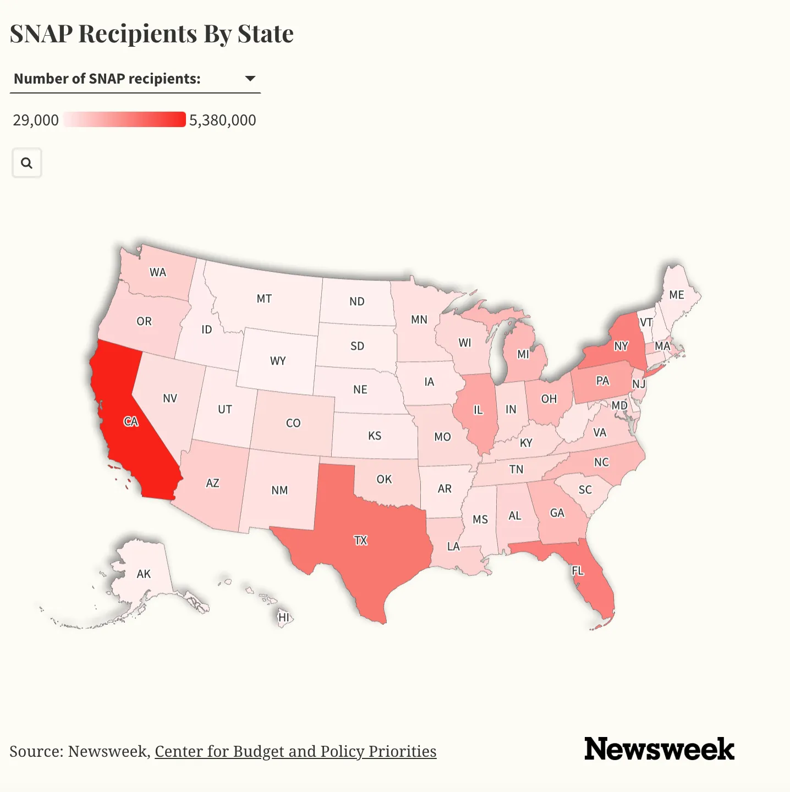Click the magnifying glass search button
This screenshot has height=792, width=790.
click(x=26, y=163)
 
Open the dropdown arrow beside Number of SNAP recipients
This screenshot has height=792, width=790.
click(x=250, y=79)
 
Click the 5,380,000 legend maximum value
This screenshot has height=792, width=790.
click(x=223, y=120)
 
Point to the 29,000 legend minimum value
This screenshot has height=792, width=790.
click(x=36, y=120)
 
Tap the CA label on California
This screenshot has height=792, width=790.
click(x=131, y=422)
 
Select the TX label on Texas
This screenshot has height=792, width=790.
click(x=361, y=540)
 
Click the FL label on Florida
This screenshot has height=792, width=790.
click(x=578, y=571)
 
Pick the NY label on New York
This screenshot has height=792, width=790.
click(x=621, y=346)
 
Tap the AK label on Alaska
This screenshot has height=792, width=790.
click(x=144, y=574)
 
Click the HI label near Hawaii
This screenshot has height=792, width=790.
click(x=284, y=617)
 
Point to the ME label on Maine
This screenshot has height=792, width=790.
click(x=677, y=295)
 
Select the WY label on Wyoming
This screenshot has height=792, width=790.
click(x=278, y=361)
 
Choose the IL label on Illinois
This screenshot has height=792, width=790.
click(x=478, y=410)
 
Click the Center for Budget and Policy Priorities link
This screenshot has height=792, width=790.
click(x=295, y=751)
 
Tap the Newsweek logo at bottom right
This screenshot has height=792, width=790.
click(x=659, y=749)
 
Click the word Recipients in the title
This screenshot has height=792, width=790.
click(x=138, y=34)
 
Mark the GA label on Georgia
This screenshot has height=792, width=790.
click(x=557, y=513)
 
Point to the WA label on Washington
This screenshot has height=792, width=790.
click(x=158, y=272)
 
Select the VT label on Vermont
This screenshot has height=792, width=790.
click(x=646, y=322)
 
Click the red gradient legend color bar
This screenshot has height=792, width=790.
click(x=124, y=119)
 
